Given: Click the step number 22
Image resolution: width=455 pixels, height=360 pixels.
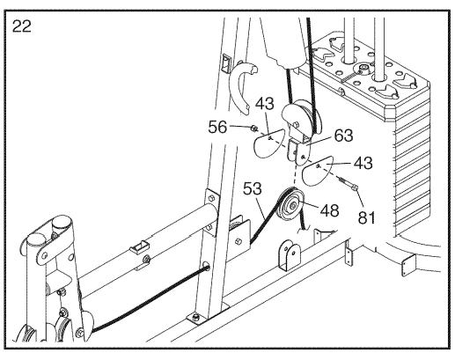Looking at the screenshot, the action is [x=22, y=26].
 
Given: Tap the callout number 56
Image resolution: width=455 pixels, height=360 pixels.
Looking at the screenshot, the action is [x=217, y=128].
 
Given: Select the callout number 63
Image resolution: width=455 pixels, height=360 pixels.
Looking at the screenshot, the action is [x=343, y=136].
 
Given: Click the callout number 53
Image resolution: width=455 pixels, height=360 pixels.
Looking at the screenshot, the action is [x=252, y=188].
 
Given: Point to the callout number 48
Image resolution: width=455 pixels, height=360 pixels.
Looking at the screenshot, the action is [x=329, y=210].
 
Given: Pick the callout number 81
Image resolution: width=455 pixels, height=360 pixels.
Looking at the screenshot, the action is [x=366, y=217].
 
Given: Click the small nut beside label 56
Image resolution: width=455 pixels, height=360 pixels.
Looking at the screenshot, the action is [x=254, y=129].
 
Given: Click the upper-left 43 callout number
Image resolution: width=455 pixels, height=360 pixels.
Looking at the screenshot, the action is [x=265, y=104].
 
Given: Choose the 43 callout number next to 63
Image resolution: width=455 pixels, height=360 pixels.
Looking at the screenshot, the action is [x=363, y=163].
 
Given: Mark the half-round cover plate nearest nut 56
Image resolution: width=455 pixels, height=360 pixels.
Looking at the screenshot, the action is [x=268, y=143].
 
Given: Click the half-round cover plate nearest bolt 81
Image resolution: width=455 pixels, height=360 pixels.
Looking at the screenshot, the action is [x=317, y=170].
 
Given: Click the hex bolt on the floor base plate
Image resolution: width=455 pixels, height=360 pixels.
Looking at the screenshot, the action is [x=196, y=317].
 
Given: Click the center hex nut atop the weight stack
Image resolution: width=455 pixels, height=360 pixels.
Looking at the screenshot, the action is [x=363, y=70].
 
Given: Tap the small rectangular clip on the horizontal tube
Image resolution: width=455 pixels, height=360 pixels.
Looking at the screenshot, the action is [x=139, y=246].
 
